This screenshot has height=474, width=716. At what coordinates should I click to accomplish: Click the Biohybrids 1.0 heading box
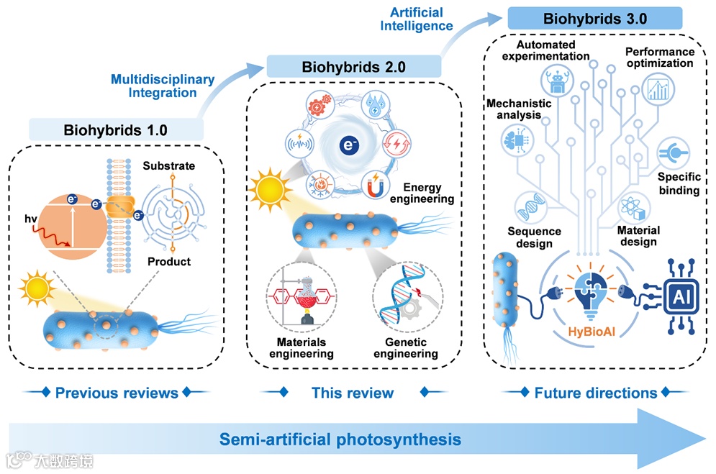pos(115,130)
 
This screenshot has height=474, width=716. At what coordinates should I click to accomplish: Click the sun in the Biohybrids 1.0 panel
pos(37,288)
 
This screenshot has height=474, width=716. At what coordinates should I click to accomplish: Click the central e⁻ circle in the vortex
pos(348,145)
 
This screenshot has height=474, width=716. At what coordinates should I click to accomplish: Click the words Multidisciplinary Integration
pos(163,86)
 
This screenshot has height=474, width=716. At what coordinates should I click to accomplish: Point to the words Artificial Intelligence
pos(421,19)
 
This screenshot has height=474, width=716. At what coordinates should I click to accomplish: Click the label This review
pos(353,393)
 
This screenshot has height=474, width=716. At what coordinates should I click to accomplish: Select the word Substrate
pos(168,166)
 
